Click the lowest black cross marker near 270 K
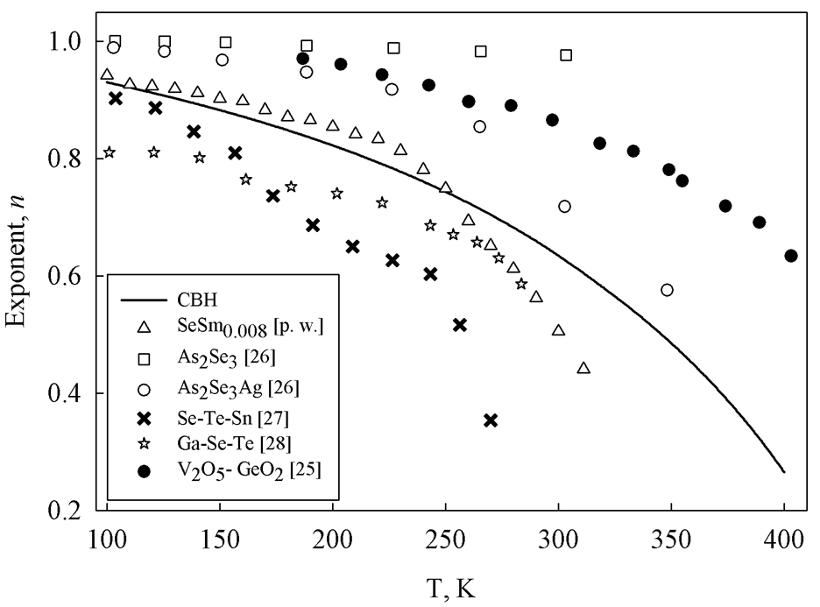click(491, 420)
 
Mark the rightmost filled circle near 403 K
click(791, 256)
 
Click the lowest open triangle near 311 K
click(583, 368)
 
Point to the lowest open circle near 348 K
click(667, 290)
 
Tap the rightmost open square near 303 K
click(566, 55)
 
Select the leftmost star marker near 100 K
click(109, 152)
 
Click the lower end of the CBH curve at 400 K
click(784, 472)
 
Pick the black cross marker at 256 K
click(460, 325)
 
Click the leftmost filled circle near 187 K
click(303, 59)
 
